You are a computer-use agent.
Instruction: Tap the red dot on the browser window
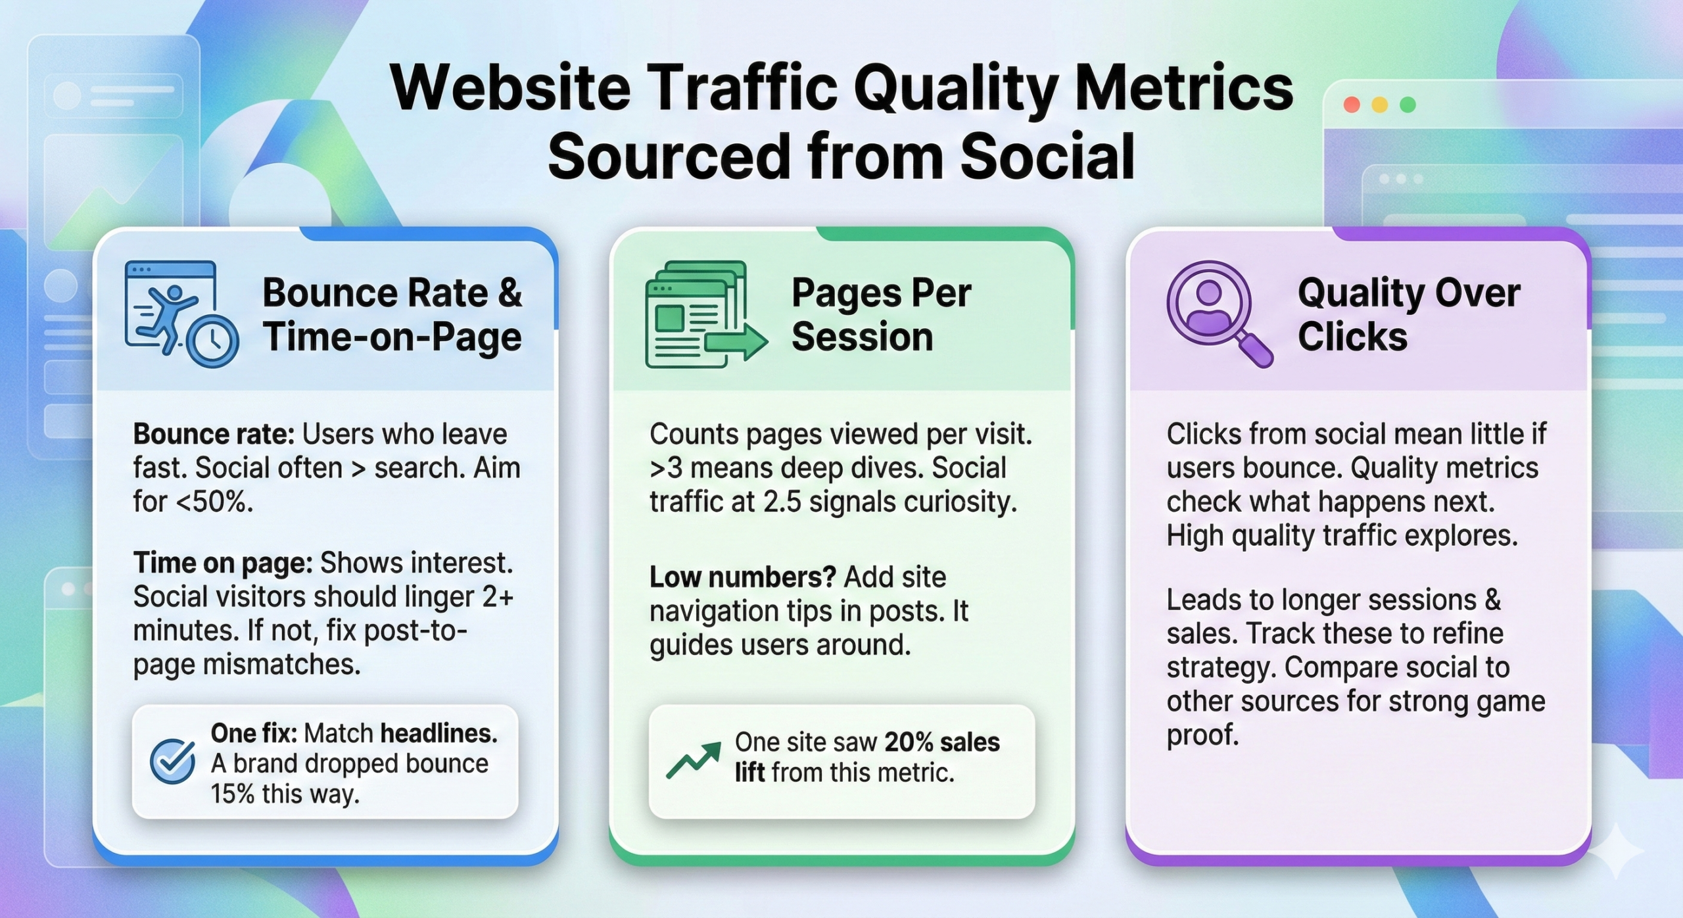(1352, 105)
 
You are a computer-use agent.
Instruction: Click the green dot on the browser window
(1408, 105)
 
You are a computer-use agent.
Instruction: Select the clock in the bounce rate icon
(212, 341)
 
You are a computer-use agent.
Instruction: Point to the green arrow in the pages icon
(736, 342)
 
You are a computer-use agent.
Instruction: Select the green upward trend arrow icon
(693, 760)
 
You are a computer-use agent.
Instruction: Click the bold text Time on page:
(222, 564)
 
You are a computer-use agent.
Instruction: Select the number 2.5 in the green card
(782, 502)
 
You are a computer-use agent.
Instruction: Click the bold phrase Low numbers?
(742, 577)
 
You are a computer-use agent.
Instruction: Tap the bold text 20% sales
(941, 742)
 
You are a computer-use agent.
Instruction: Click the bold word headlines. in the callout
(439, 733)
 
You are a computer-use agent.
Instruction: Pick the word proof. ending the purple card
(1202, 735)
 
